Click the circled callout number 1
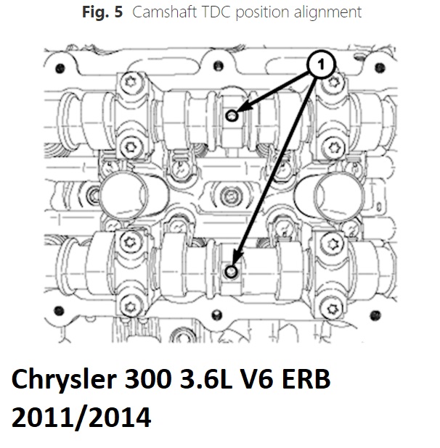[x=321, y=65]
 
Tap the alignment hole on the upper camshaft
[x=232, y=116]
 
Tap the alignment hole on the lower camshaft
[x=231, y=272]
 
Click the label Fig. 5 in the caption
[x=102, y=12]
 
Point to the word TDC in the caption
[x=216, y=12]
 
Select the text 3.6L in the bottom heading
[x=205, y=379]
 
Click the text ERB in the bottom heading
[x=306, y=379]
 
